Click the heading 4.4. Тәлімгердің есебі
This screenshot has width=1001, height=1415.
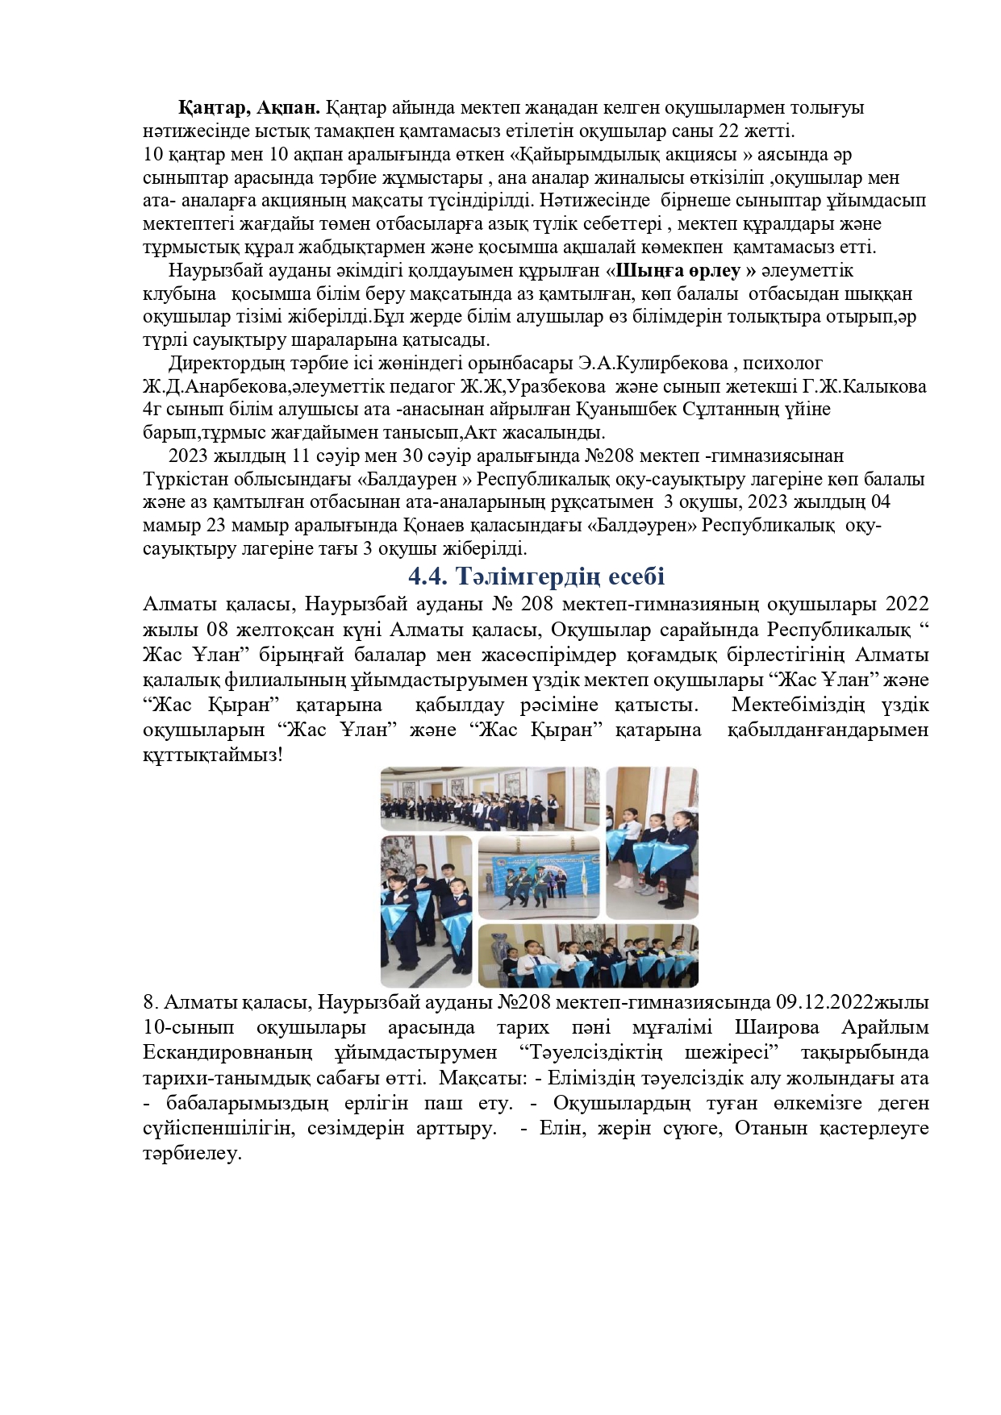[536, 576]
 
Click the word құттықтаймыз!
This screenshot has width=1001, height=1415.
[213, 755]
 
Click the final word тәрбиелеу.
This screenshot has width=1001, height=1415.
[192, 1153]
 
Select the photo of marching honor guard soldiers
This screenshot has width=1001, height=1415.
[538, 877]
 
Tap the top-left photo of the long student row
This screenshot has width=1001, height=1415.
[490, 798]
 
